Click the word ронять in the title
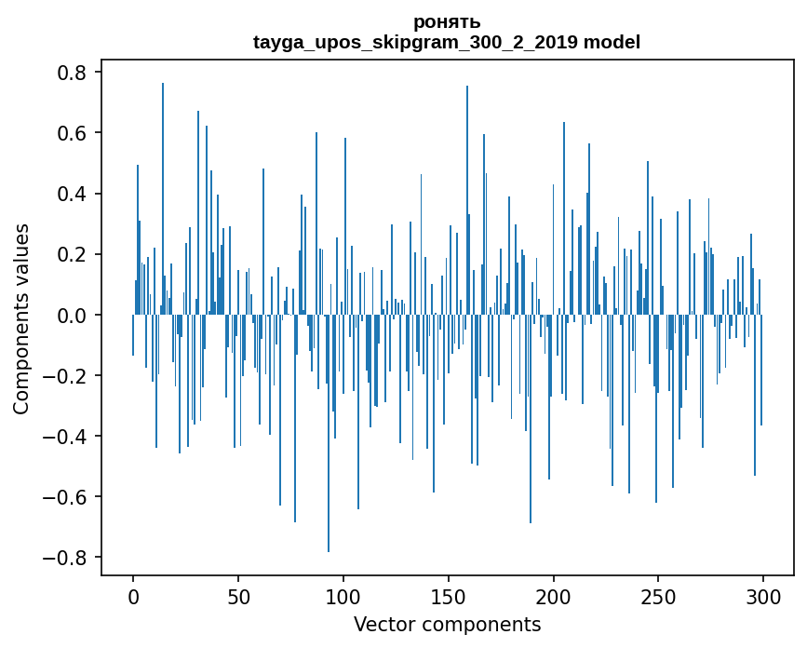tap(447, 22)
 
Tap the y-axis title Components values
tap(21, 318)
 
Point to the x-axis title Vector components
tap(447, 624)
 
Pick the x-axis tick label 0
tap(133, 596)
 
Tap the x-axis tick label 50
tap(238, 596)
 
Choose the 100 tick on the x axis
tap(343, 596)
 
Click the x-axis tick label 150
tap(449, 596)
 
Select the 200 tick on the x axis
tap(554, 596)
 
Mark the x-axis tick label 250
tap(658, 596)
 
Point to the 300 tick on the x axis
tap(763, 596)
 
